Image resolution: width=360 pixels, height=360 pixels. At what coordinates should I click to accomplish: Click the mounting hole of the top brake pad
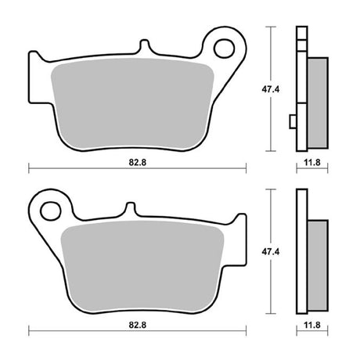coord(224,49)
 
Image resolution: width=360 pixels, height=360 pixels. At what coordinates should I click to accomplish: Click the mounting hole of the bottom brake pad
coord(51,211)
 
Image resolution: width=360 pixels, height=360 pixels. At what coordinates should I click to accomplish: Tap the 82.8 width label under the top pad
coord(138,163)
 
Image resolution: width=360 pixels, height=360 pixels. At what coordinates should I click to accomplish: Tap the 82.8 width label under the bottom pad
coord(138,325)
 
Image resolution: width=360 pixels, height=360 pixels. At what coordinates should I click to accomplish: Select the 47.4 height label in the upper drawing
coord(271,89)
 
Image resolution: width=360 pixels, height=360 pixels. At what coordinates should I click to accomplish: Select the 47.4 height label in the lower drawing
coord(271,252)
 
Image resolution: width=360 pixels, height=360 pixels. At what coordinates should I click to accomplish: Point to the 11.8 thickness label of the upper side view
coord(312,163)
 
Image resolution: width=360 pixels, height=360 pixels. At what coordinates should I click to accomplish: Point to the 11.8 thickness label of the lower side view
coord(312,325)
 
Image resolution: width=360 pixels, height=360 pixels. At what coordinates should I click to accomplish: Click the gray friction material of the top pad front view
coord(132,104)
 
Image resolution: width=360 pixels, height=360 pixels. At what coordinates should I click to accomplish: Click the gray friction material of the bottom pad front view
coord(142,267)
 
